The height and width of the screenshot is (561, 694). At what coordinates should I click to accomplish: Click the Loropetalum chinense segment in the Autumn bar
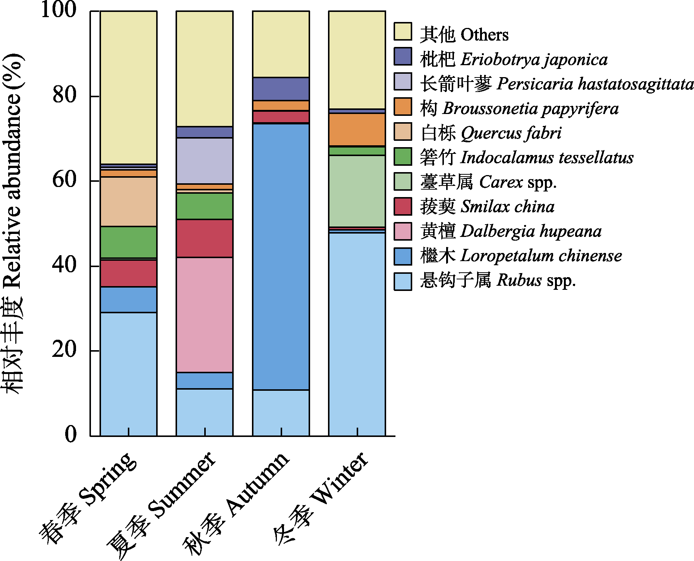click(x=281, y=257)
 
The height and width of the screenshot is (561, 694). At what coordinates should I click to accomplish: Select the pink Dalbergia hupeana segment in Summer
click(x=205, y=314)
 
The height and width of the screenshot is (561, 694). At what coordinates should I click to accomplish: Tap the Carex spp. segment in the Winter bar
click(x=357, y=191)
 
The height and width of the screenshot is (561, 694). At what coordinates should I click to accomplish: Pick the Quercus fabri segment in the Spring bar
click(x=129, y=202)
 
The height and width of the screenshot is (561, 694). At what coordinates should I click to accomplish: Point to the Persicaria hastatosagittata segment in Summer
click(x=205, y=161)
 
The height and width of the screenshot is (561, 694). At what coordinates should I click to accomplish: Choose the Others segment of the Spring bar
click(x=129, y=87)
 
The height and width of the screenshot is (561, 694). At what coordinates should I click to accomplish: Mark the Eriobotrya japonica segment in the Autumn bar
click(x=281, y=89)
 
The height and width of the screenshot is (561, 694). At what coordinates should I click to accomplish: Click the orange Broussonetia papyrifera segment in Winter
click(x=357, y=129)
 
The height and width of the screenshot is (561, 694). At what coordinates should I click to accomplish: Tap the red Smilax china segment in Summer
click(x=205, y=238)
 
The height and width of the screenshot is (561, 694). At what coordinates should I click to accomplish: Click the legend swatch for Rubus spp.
click(x=403, y=281)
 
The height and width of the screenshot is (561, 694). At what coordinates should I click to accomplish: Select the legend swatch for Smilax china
click(x=403, y=207)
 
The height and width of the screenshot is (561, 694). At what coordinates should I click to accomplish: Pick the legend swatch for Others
click(x=403, y=32)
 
